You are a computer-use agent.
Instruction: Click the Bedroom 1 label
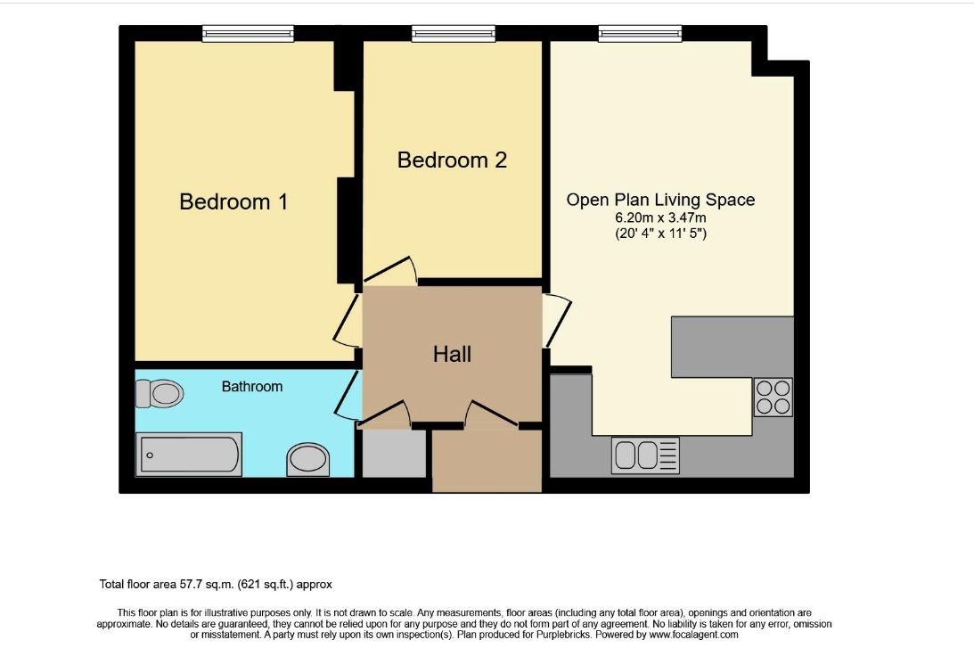click(233, 202)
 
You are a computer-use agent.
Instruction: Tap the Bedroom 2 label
click(452, 160)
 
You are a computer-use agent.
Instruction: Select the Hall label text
click(452, 355)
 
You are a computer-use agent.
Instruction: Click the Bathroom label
click(252, 387)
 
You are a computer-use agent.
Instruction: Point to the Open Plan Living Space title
click(660, 200)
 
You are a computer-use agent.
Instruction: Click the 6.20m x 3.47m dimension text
click(660, 217)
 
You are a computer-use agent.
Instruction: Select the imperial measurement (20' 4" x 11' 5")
click(660, 234)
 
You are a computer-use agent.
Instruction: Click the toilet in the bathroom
click(160, 393)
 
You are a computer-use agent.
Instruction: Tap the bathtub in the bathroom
click(188, 455)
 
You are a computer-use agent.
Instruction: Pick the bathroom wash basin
click(307, 459)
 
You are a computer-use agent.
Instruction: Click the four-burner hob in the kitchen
click(773, 398)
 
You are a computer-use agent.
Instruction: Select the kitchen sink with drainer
click(645, 455)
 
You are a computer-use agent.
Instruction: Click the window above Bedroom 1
click(248, 34)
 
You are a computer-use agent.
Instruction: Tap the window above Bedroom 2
click(453, 34)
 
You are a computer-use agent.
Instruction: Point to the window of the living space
click(640, 34)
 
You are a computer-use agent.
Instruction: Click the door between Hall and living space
click(556, 321)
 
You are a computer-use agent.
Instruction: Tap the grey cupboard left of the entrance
click(394, 455)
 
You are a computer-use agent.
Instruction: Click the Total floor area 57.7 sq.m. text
click(216, 585)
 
